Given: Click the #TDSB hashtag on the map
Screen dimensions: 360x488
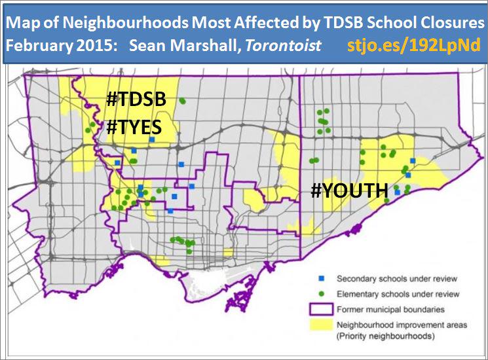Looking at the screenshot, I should click(136, 100).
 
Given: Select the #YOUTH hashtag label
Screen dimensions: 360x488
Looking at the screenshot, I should click(348, 190).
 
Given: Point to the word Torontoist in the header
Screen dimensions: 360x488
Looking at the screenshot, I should click(287, 47).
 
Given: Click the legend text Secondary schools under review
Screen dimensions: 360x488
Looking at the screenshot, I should click(397, 278).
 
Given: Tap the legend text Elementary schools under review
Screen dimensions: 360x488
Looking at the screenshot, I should click(398, 294).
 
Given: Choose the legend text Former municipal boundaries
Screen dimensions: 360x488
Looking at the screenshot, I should click(391, 309).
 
